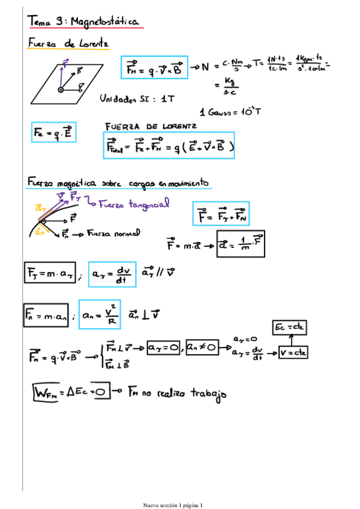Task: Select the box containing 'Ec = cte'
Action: (290, 327)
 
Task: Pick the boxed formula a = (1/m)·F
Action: (239, 244)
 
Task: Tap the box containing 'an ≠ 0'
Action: (202, 347)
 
